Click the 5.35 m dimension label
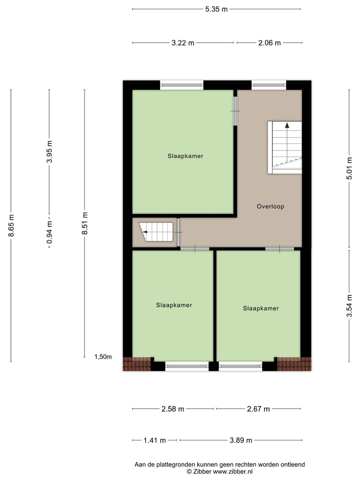pos(216,9)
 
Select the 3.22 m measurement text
pos(182,43)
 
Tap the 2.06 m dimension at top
pos(269,43)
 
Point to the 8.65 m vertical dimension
pos(11,225)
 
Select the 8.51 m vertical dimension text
pos(84,223)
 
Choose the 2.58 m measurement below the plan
pos(172,409)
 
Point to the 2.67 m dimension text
pos(258,409)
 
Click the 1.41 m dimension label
pos(154,440)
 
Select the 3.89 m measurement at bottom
pos(240,440)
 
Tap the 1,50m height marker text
pos(103,356)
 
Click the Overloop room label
pos(270,206)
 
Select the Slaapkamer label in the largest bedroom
pos(185,156)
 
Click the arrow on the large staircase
pos(287,126)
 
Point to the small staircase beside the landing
pos(156,232)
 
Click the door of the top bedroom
pos(235,111)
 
